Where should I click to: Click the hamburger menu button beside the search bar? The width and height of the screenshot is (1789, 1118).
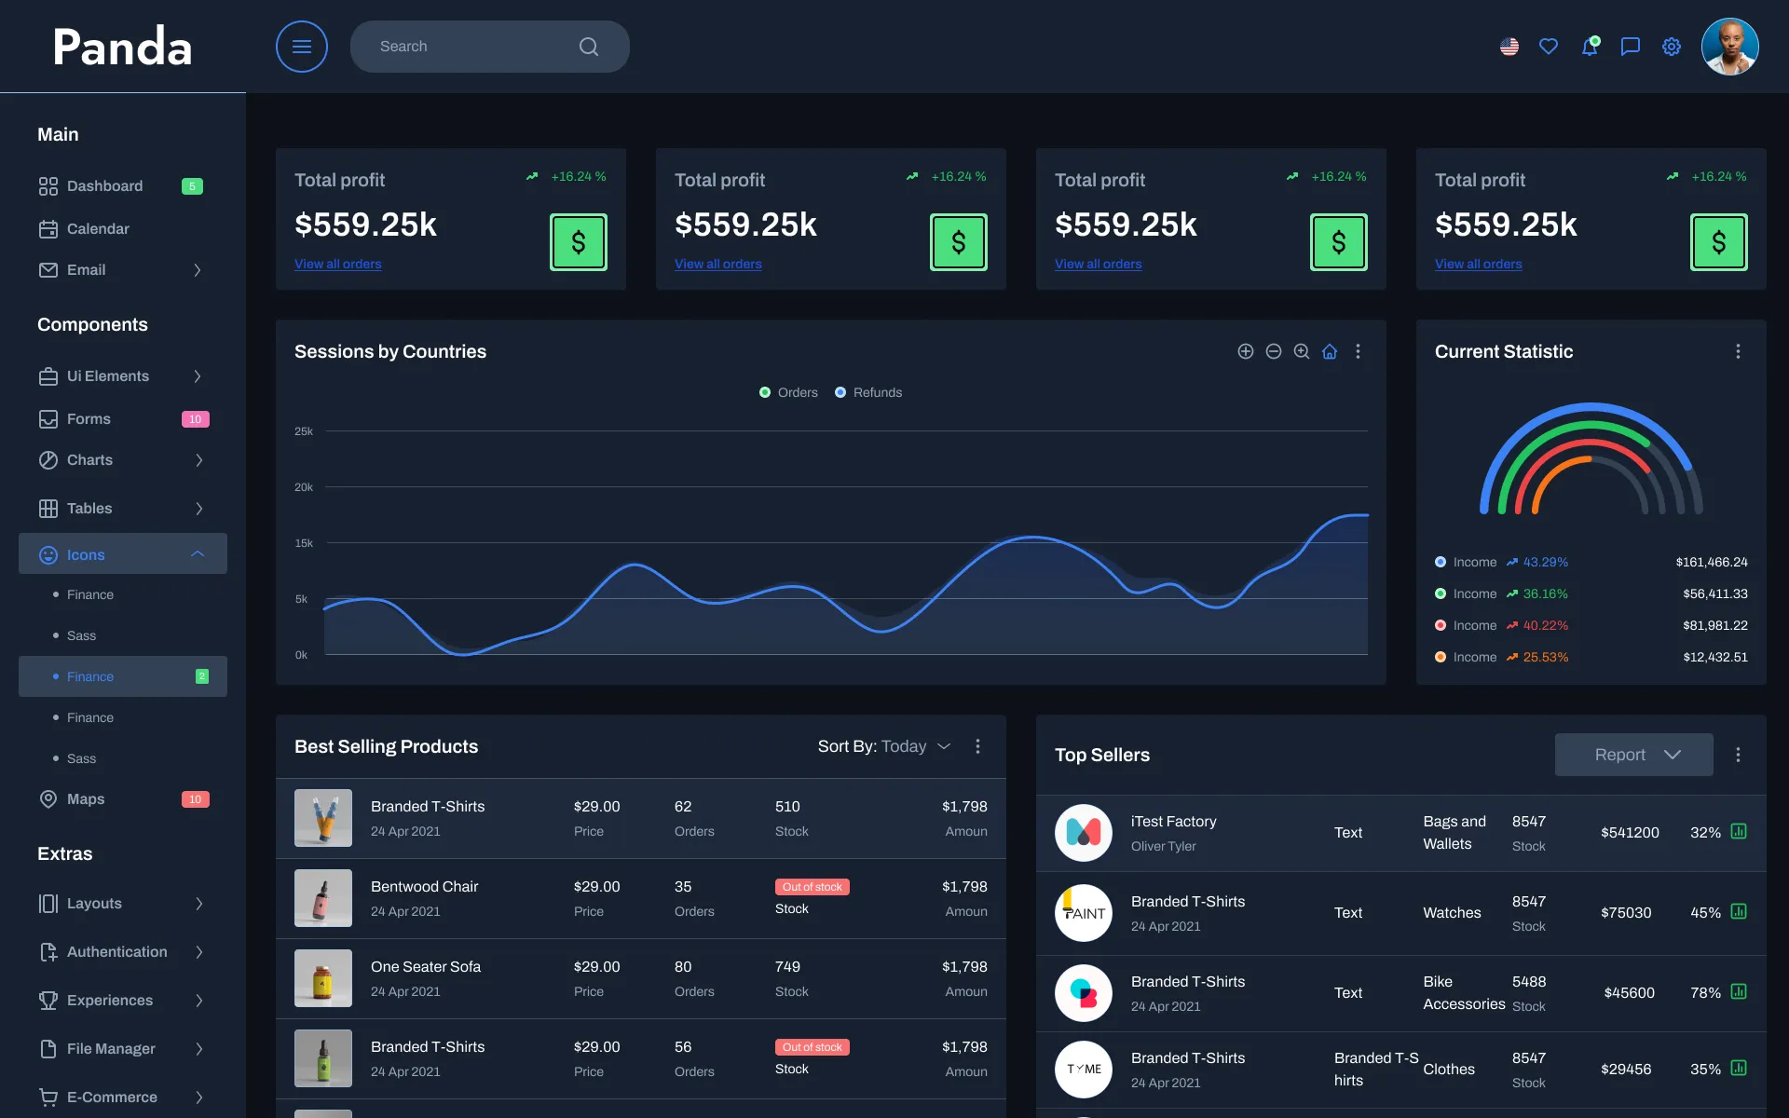tap(301, 47)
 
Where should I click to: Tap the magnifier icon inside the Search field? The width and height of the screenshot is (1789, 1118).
tap(588, 47)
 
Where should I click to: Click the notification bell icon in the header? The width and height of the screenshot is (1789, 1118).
tap(1590, 47)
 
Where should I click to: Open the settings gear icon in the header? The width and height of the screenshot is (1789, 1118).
tap(1672, 47)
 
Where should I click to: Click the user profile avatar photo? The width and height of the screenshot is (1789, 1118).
tap(1729, 47)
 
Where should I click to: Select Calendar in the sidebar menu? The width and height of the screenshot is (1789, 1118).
tap(97, 229)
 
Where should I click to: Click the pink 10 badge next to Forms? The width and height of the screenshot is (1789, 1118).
tap(195, 419)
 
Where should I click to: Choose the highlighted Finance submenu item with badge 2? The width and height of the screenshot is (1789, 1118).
tap(90, 676)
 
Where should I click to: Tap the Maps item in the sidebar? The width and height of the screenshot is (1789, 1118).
tap(85, 799)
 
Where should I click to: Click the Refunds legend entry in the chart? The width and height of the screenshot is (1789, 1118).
tap(868, 392)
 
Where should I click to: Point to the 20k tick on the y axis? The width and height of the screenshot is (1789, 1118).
tap(304, 487)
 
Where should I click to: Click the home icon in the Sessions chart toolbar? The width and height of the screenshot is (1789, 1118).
tap(1330, 351)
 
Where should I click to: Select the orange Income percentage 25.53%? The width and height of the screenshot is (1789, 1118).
tap(1545, 657)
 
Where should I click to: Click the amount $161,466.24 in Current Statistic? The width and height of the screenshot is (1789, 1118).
tap(1711, 562)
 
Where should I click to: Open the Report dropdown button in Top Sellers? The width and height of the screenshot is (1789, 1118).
tap(1633, 755)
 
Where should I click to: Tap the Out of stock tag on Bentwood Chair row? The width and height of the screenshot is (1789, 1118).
tap(812, 887)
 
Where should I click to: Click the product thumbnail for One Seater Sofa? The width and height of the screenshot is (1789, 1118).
tap(323, 978)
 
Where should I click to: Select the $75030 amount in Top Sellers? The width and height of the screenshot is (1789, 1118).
tap(1626, 913)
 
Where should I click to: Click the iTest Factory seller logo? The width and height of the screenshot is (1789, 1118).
tap(1083, 833)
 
